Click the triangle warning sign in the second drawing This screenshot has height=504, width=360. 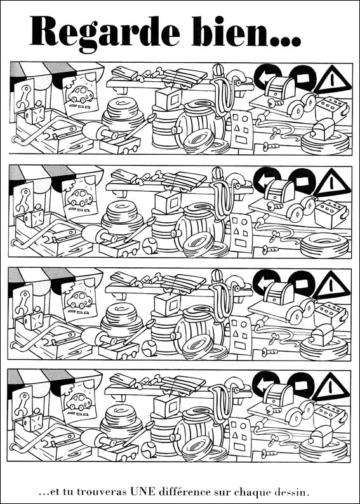[x=331, y=184]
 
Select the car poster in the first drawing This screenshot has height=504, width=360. [x=79, y=95]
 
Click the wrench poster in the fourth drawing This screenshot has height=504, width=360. [x=22, y=404]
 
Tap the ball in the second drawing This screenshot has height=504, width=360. [x=149, y=246]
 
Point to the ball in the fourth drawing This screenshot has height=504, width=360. [x=149, y=449]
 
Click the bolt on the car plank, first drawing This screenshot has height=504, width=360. [x=273, y=103]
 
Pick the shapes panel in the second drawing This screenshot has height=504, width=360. [x=241, y=232]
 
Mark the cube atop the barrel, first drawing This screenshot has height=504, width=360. [x=168, y=98]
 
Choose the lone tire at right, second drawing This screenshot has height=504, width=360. [x=324, y=245]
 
